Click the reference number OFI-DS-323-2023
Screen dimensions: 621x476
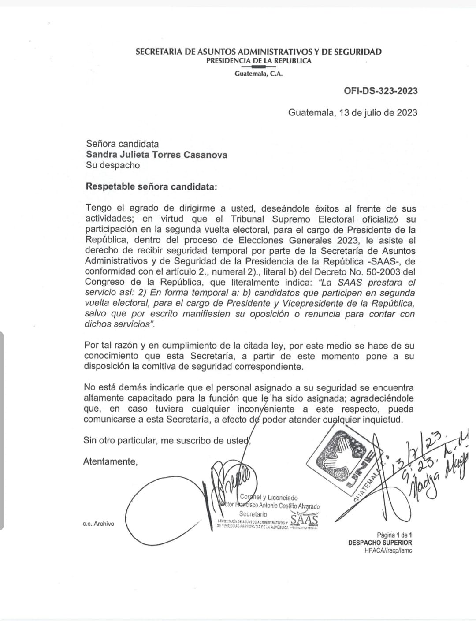pyautogui.click(x=381, y=91)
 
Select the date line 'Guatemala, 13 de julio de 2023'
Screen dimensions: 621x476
pyautogui.click(x=353, y=112)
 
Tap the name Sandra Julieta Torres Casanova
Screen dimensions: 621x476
pyautogui.click(x=156, y=155)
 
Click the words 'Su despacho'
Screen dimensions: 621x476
pyautogui.click(x=112, y=165)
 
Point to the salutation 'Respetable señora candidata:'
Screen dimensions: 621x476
pyautogui.click(x=151, y=186)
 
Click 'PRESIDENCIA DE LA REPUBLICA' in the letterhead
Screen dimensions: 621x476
pyautogui.click(x=259, y=61)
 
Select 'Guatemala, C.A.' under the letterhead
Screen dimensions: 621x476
pyautogui.click(x=259, y=74)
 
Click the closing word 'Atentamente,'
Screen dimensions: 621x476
pyautogui.click(x=110, y=461)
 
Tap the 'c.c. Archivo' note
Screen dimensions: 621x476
pyautogui.click(x=98, y=524)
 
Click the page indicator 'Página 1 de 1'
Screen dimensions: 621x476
pyautogui.click(x=394, y=535)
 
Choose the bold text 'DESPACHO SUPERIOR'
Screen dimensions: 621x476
pyautogui.click(x=380, y=543)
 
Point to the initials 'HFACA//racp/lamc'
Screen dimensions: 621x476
pyautogui.click(x=388, y=550)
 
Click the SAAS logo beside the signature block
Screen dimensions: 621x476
pyautogui.click(x=304, y=520)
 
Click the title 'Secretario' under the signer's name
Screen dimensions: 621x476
pyautogui.click(x=253, y=514)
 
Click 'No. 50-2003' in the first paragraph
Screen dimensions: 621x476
pyautogui.click(x=373, y=272)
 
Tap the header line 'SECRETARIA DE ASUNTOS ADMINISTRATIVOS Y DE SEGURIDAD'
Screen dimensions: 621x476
pyautogui.click(x=259, y=52)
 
